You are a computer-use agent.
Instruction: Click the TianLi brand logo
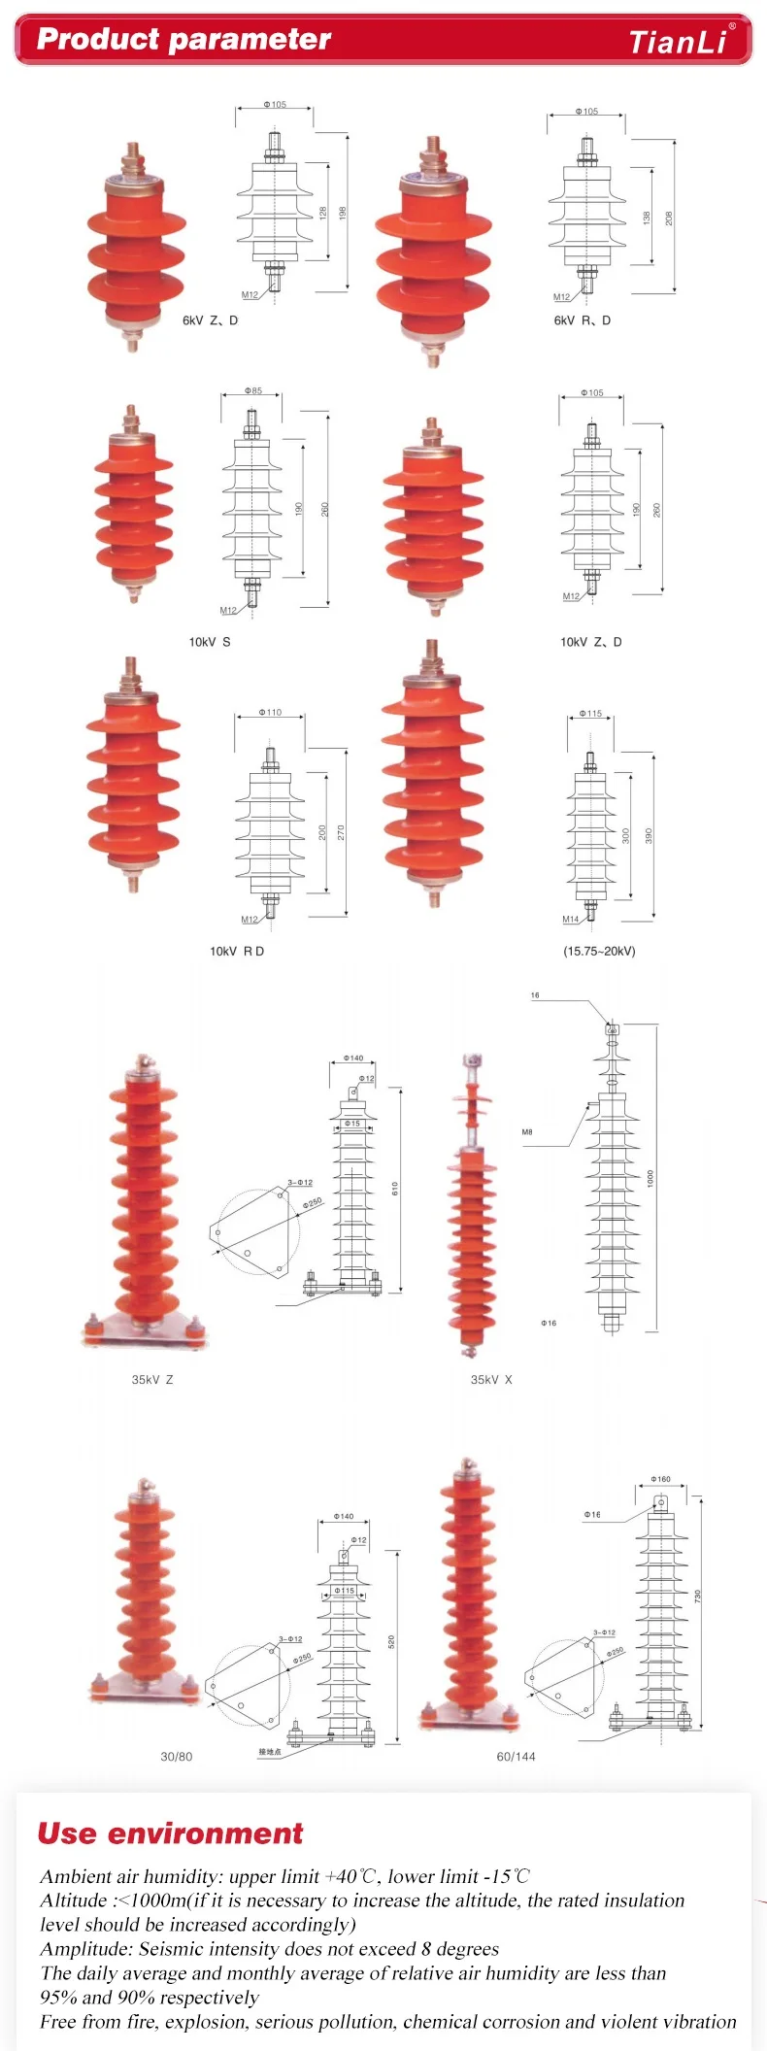click(678, 42)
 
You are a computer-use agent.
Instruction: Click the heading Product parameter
click(183, 40)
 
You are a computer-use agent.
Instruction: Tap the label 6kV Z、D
click(210, 320)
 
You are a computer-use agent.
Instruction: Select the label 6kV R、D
click(583, 320)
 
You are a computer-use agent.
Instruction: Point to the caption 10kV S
click(210, 642)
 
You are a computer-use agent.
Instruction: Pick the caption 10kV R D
click(237, 951)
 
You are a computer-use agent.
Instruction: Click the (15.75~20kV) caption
click(599, 951)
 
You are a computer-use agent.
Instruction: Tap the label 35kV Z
click(152, 1379)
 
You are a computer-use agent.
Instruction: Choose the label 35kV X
click(491, 1379)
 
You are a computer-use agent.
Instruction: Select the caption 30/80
click(176, 1756)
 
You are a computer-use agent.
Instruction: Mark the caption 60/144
click(516, 1756)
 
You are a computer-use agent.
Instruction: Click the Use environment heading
click(170, 1833)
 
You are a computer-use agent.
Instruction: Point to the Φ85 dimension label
click(253, 391)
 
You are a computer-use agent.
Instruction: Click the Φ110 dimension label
click(270, 713)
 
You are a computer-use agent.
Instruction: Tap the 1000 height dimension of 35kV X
click(650, 1177)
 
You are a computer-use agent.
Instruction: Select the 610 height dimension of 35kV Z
click(395, 1188)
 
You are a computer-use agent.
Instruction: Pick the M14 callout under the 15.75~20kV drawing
click(571, 919)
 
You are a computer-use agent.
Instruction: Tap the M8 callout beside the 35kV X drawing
click(527, 1132)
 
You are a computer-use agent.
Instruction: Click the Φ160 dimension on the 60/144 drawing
click(660, 1479)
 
